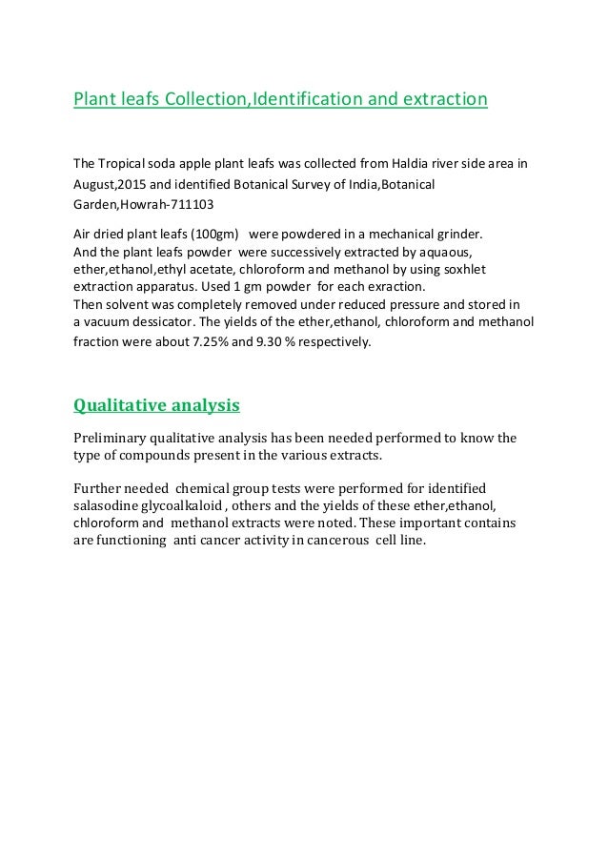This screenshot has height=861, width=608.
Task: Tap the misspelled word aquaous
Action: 446,252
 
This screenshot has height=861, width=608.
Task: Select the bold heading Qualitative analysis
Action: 156,405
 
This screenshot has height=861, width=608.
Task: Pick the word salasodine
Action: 108,505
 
